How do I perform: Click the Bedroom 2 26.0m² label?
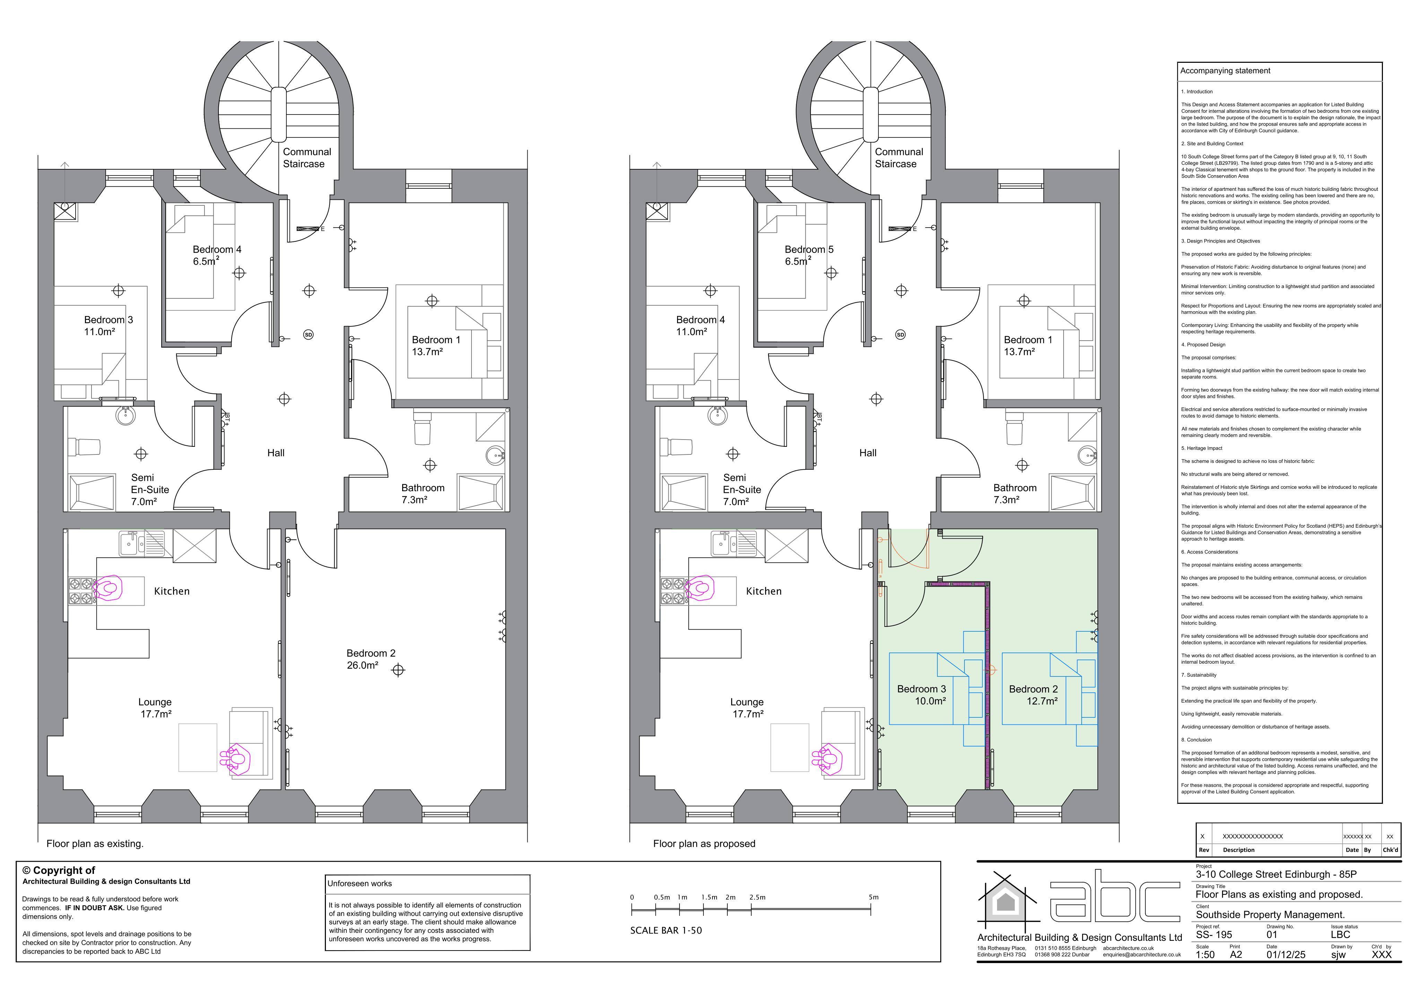371,659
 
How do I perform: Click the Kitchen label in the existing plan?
172,591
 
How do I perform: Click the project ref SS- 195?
1214,935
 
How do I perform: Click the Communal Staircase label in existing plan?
307,158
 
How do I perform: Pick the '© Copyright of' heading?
59,870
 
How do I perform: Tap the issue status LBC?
1341,935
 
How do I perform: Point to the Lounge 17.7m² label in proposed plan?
747,708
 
